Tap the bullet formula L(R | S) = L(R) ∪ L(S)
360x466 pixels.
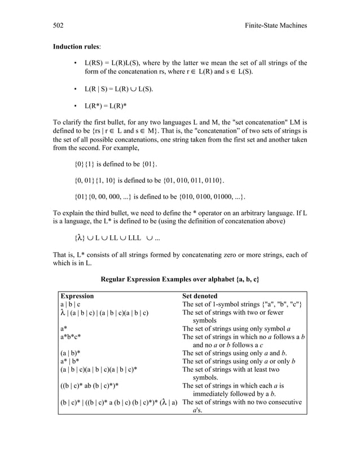pyautogui.click(x=118, y=89)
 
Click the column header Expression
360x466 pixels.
pyautogui.click(x=77, y=296)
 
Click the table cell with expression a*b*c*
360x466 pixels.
pyautogui.click(x=74, y=337)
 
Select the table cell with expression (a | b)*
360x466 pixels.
pyautogui.click(x=74, y=353)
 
